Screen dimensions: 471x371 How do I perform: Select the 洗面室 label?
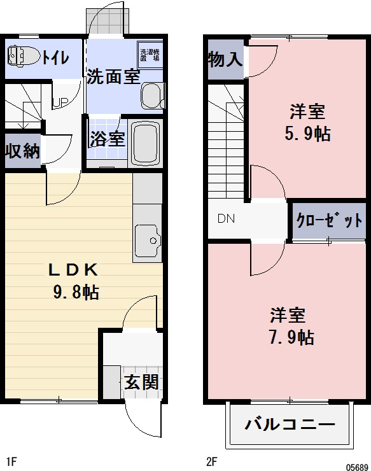tap(113, 76)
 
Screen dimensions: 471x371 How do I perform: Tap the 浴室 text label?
tap(107, 139)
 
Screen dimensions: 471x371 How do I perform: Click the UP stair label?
tap(60, 102)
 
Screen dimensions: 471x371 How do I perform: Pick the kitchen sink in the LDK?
tap(148, 241)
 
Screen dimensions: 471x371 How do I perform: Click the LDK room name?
tap(74, 269)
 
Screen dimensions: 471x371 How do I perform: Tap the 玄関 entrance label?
tap(141, 383)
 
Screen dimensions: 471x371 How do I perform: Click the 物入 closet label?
tap(225, 60)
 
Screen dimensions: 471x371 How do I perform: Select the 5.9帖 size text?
tap(308, 134)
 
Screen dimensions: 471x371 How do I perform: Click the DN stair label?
tap(226, 220)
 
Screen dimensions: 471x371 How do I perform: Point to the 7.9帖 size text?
tap(290, 337)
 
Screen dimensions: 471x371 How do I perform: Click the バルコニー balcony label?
tap(290, 424)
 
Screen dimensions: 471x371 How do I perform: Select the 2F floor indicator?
tap(211, 461)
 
